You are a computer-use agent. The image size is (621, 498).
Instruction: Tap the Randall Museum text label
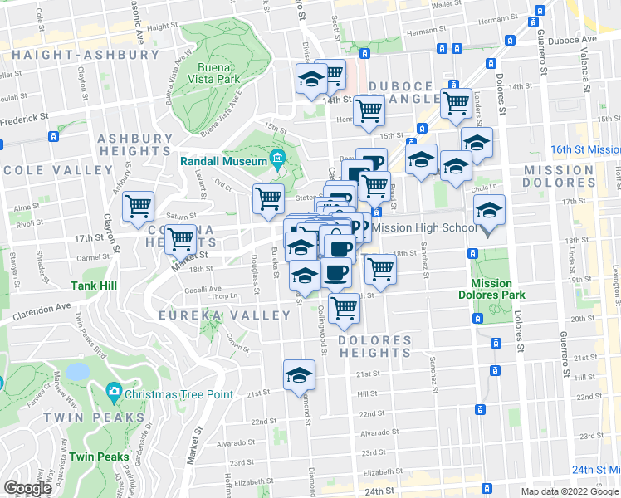click(x=225, y=160)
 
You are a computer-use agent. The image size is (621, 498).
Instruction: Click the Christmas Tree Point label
click(x=179, y=393)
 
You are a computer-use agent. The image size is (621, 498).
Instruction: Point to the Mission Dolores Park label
click(x=492, y=288)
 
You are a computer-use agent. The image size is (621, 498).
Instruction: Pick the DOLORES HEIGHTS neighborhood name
click(x=374, y=346)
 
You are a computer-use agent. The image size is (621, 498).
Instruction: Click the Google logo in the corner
click(x=27, y=488)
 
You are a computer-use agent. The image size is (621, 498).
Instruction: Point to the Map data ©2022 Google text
click(x=569, y=491)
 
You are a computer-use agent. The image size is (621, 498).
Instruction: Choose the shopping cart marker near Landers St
click(x=456, y=104)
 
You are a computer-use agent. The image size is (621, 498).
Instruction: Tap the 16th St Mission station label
click(x=586, y=150)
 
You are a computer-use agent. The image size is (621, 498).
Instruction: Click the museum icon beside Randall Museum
click(x=276, y=160)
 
